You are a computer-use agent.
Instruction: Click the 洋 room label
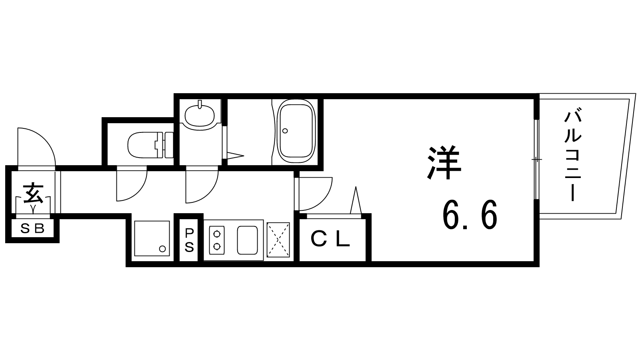click(444, 163)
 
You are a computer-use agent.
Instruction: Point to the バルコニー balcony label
click(573, 156)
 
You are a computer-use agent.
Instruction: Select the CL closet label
click(330, 239)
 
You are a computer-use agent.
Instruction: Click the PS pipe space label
click(189, 240)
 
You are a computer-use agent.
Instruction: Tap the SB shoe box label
click(32, 228)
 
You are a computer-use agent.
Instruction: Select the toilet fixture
click(150, 145)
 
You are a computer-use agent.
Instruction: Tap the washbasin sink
click(200, 115)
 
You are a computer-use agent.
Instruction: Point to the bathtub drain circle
click(285, 131)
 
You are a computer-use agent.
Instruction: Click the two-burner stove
click(217, 240)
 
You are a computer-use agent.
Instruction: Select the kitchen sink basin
click(247, 240)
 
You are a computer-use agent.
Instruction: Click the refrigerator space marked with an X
click(278, 240)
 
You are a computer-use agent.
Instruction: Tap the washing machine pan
click(152, 238)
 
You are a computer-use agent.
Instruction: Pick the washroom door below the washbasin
click(202, 186)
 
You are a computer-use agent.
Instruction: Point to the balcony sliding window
click(536, 159)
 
